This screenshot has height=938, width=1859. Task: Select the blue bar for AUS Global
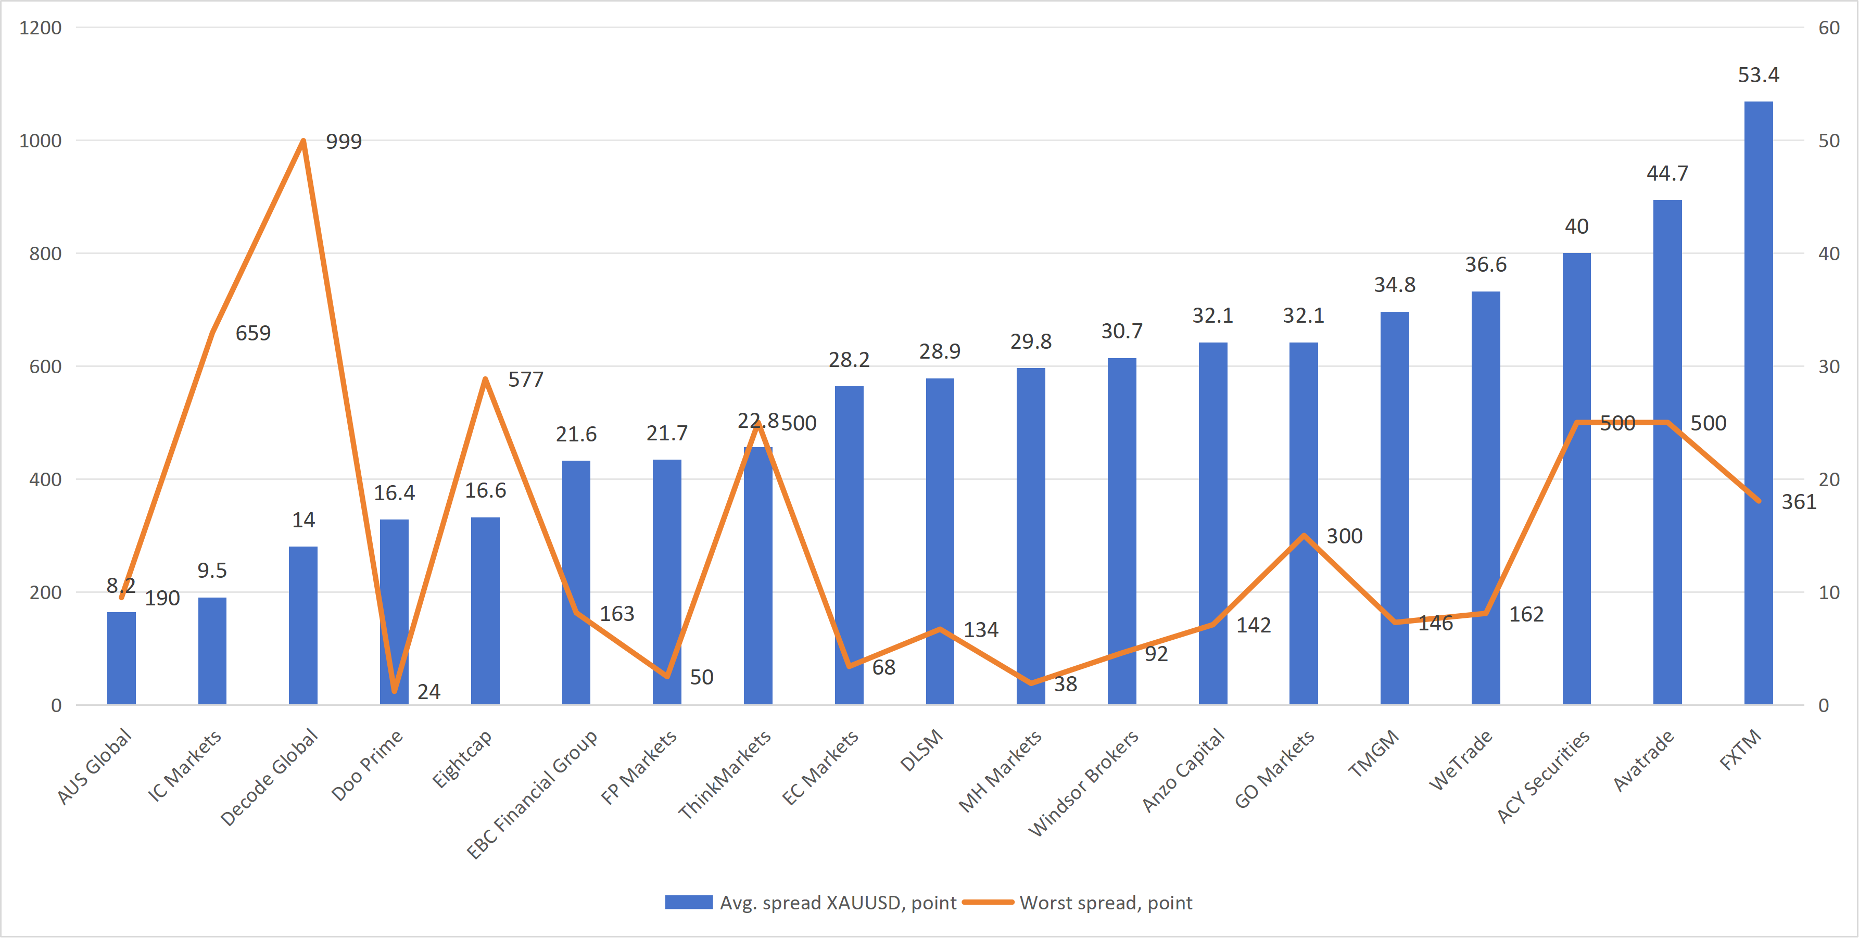click(121, 658)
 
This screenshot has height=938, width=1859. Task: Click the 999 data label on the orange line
click(344, 142)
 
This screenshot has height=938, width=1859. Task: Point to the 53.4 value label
click(1758, 75)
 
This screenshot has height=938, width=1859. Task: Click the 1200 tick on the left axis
click(41, 28)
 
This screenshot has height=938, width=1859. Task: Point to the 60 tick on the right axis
click(1829, 28)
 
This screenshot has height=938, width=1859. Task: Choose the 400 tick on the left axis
click(45, 480)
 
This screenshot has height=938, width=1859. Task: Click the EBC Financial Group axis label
click(533, 794)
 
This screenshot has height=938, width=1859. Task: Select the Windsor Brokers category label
click(1084, 783)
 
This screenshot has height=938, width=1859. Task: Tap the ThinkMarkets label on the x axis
click(725, 774)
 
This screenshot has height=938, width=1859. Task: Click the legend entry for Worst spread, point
click(1106, 903)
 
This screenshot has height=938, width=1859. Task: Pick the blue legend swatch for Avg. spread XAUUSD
click(688, 903)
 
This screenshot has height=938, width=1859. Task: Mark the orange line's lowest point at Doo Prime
click(394, 691)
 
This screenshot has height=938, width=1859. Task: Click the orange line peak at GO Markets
click(1304, 536)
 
